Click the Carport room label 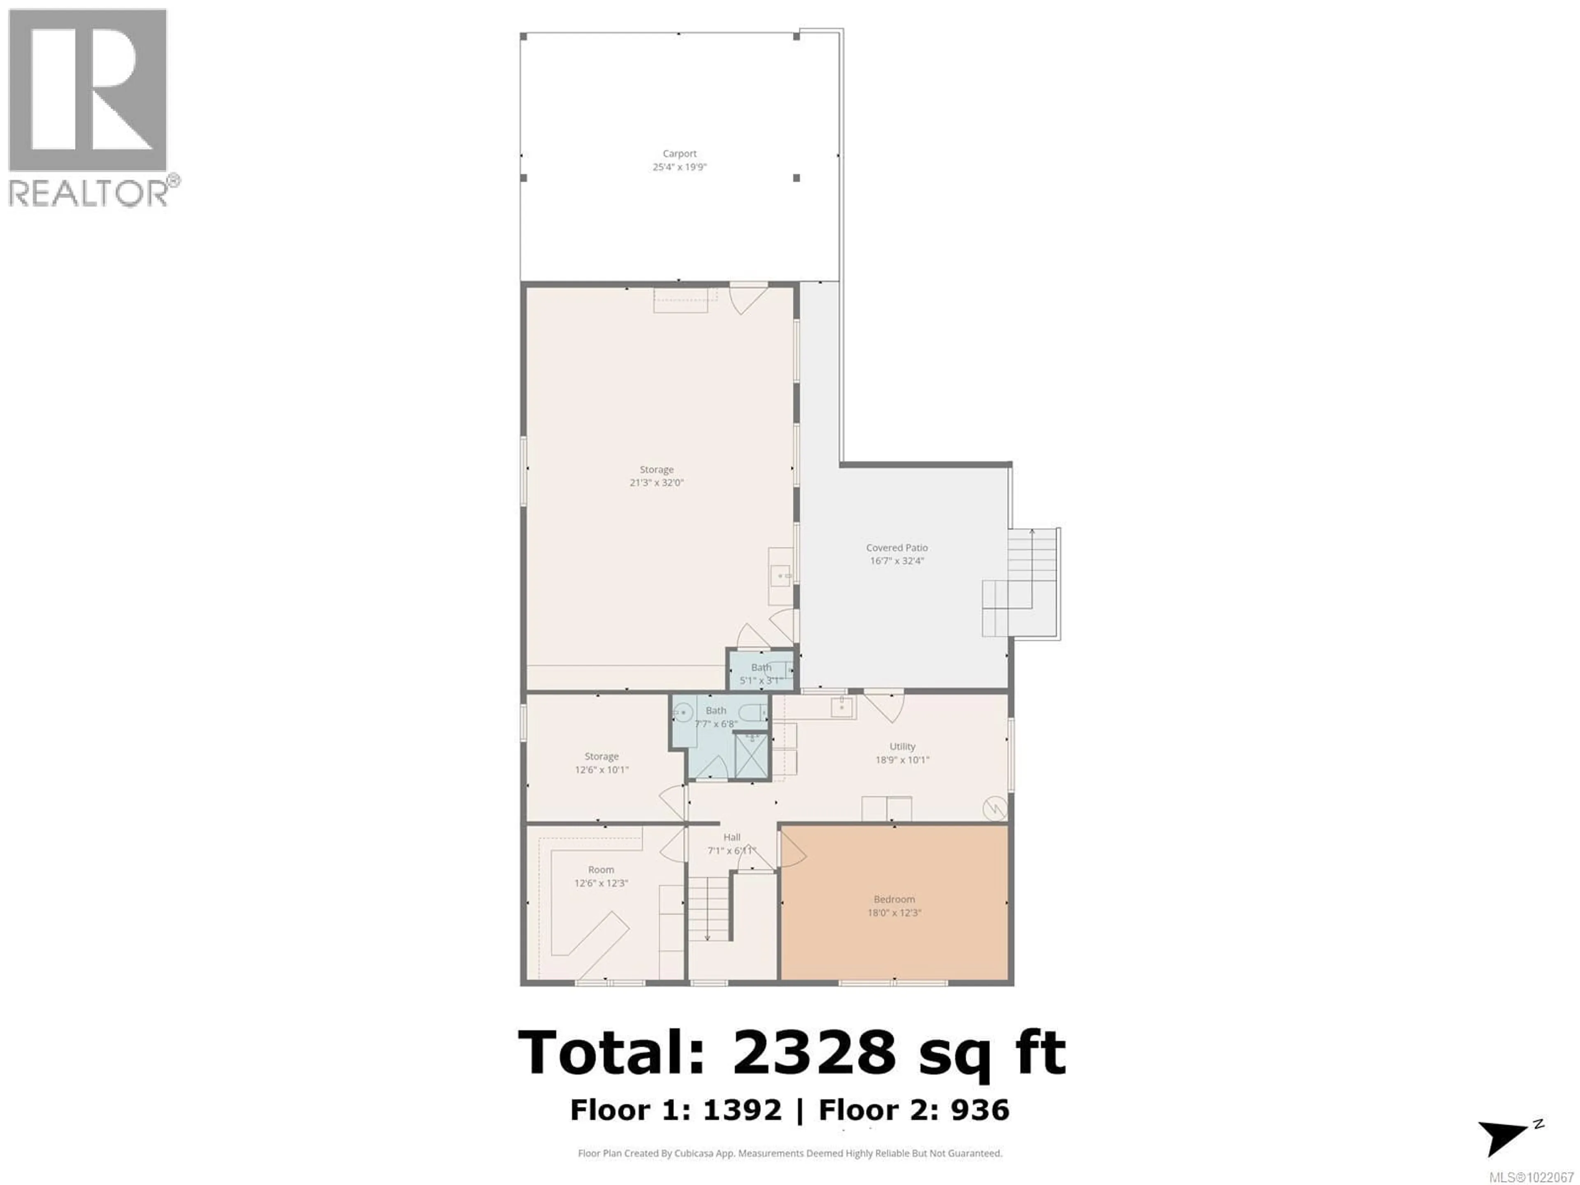(x=679, y=153)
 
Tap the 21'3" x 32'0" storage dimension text (x=656, y=483)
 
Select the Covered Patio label (x=897, y=548)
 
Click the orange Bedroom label (x=894, y=899)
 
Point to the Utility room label (x=902, y=746)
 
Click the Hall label (x=732, y=837)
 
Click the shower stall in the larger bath (x=751, y=756)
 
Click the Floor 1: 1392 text (x=676, y=1110)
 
